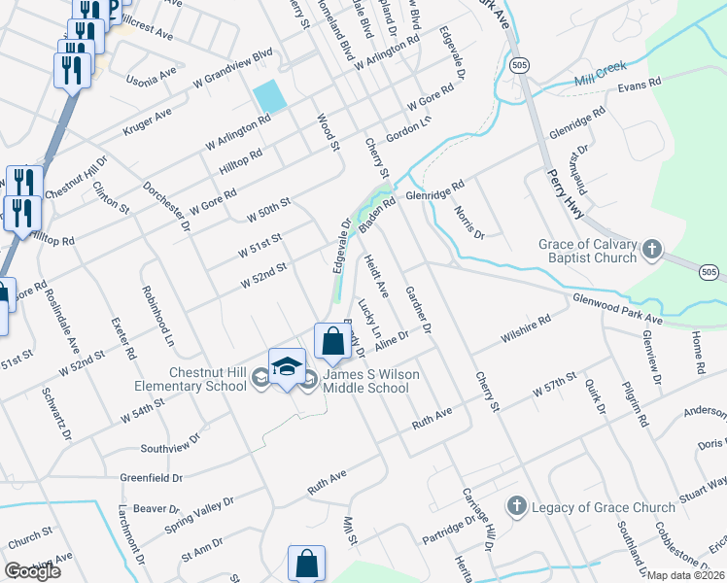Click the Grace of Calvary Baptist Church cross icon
tap(651, 251)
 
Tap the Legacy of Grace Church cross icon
tap(516, 506)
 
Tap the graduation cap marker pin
tap(287, 367)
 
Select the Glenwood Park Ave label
tap(617, 308)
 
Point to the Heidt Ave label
tap(376, 276)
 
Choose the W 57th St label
tap(556, 385)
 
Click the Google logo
tap(33, 571)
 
